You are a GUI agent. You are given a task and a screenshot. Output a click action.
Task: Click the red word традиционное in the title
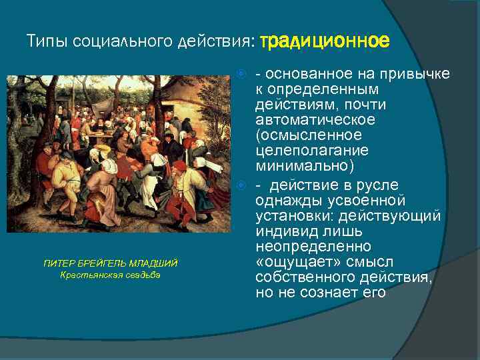[x=324, y=41]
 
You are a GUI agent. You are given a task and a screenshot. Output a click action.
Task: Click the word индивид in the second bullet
[x=282, y=231]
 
